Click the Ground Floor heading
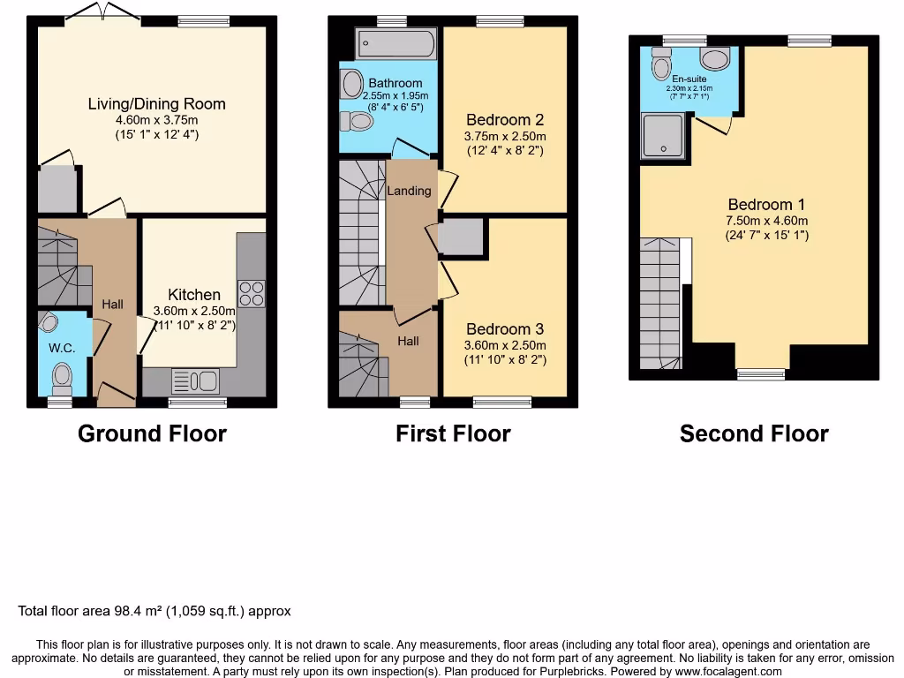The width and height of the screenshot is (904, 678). pos(152,433)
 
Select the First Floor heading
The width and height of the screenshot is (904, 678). pos(453,433)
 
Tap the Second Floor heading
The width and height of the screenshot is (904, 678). pos(754,433)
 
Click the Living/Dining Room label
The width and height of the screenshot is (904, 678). pos(156,104)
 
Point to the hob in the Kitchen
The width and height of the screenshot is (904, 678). pos(251,292)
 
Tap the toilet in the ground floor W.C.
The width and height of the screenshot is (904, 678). pos(62,378)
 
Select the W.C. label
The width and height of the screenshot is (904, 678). pos(61,348)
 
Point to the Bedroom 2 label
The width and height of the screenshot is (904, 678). pos(505,120)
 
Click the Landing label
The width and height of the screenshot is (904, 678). pos(409,191)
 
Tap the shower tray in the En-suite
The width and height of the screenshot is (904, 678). pos(662,138)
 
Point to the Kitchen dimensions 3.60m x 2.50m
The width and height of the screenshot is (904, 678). pos(194,311)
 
